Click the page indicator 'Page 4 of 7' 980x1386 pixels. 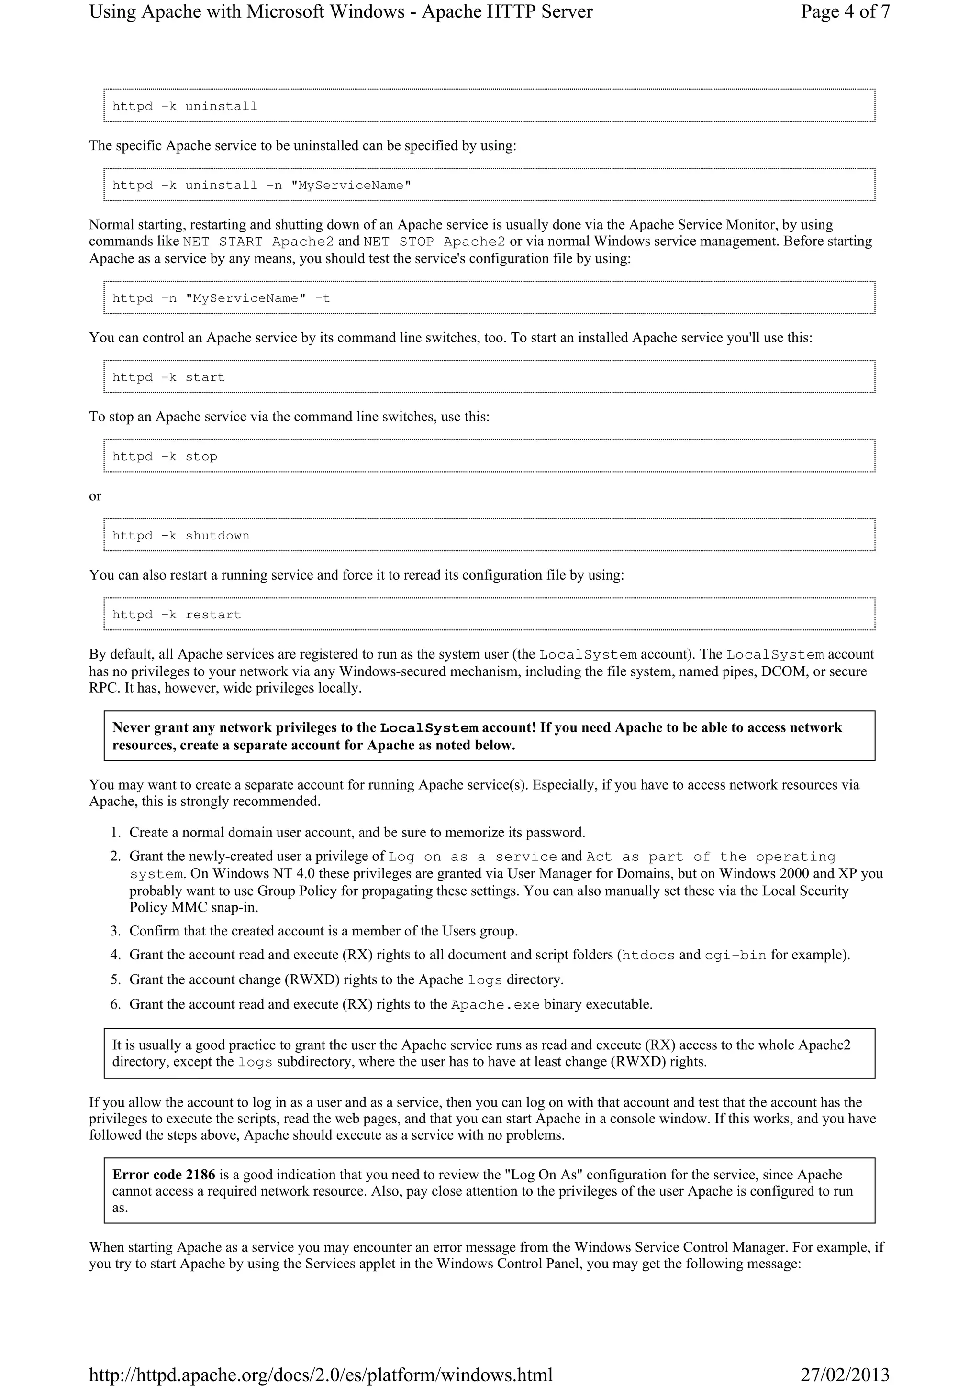point(845,12)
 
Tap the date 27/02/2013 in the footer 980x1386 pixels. point(845,1375)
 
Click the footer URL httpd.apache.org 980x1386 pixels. point(321,1375)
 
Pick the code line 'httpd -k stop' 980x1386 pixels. point(164,456)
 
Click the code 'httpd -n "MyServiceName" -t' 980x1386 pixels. point(221,298)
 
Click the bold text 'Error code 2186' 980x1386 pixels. point(163,1175)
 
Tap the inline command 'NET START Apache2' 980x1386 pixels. point(258,242)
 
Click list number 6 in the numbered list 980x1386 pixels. point(116,1004)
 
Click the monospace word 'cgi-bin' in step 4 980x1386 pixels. point(735,956)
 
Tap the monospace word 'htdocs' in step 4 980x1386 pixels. point(647,956)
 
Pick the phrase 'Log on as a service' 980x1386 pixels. point(472,857)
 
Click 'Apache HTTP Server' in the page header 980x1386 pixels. point(507,12)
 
